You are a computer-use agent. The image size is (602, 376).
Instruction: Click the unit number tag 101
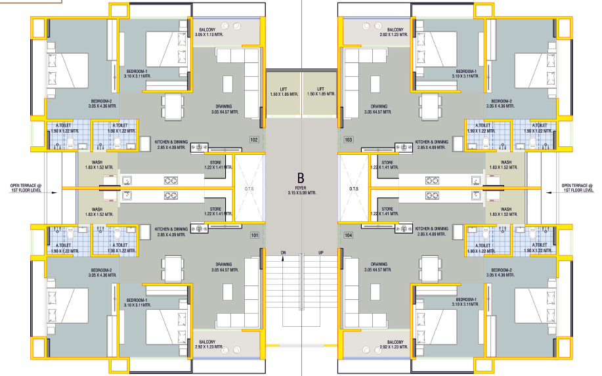click(x=255, y=235)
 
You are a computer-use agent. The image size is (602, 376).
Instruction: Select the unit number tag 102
click(x=254, y=140)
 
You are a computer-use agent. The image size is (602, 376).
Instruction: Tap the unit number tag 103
click(x=349, y=140)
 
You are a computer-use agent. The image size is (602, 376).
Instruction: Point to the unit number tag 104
click(x=348, y=235)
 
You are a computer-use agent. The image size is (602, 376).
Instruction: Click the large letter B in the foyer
click(x=301, y=178)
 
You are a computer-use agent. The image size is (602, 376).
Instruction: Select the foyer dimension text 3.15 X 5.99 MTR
click(x=302, y=193)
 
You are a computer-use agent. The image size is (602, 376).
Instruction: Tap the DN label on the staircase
click(x=284, y=253)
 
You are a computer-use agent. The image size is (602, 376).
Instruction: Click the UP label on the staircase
click(x=321, y=253)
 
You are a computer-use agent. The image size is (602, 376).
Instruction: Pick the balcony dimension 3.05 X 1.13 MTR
click(x=209, y=35)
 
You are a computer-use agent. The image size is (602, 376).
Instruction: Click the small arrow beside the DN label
click(x=284, y=259)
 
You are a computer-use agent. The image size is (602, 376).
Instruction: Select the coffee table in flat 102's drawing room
click(x=228, y=85)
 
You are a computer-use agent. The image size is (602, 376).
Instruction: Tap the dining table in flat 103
click(x=429, y=107)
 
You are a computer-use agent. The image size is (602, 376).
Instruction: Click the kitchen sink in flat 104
click(x=476, y=196)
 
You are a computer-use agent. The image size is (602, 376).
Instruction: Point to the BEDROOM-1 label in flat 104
click(x=466, y=299)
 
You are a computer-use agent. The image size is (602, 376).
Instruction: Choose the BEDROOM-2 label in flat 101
click(x=101, y=270)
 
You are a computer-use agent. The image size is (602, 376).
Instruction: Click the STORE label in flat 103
click(x=387, y=163)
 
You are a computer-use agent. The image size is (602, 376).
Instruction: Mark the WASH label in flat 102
click(x=97, y=163)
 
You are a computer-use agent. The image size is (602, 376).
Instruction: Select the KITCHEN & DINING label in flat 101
click(x=171, y=229)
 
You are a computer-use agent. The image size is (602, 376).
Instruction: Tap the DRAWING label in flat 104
click(x=379, y=264)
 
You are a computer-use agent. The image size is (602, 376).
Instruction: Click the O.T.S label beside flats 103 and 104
click(x=354, y=189)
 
